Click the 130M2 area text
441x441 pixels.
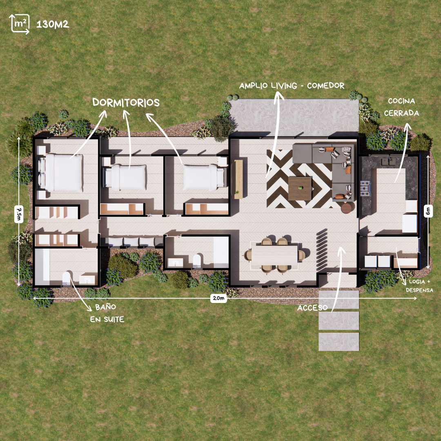click(53, 24)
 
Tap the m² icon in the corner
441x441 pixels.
click(19, 24)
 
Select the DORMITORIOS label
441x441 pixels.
click(126, 102)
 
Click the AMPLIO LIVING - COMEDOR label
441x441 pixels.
click(292, 86)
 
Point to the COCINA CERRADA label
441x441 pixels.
click(401, 107)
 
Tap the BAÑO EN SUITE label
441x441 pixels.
click(107, 312)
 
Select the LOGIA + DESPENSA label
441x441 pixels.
click(419, 286)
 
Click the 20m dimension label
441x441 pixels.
click(218, 298)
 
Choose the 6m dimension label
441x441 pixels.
click(428, 212)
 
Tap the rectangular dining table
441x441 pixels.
click(274, 256)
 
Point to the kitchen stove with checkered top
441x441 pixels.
click(365, 188)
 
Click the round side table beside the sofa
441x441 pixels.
click(346, 208)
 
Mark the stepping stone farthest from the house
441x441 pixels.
click(339, 342)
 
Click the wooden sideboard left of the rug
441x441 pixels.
click(238, 179)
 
